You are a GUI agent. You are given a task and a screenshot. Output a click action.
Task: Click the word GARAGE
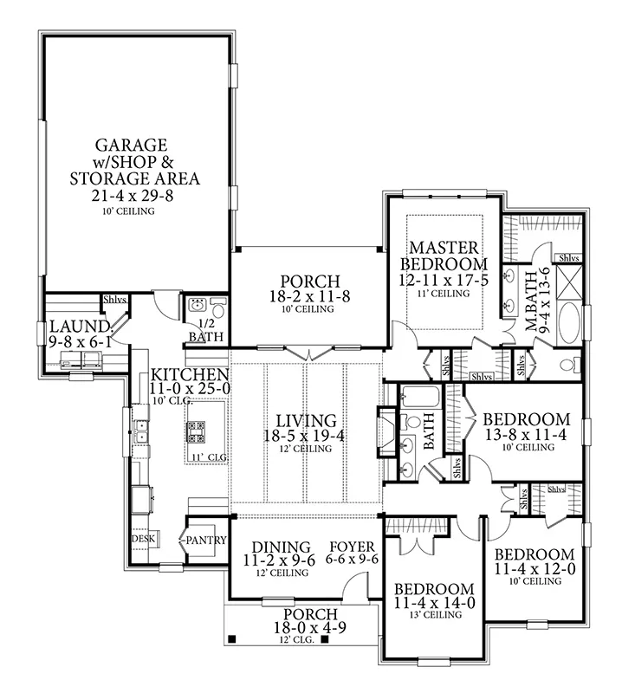(x=132, y=144)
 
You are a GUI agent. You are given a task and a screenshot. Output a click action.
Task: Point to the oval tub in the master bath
(x=569, y=328)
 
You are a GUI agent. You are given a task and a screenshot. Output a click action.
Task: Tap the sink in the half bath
(x=197, y=305)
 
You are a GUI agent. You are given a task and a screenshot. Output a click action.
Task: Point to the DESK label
(x=142, y=538)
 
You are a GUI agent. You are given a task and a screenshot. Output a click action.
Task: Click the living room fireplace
(x=386, y=429)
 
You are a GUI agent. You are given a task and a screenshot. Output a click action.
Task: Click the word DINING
(x=281, y=547)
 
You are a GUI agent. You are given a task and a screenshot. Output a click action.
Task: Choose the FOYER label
(x=353, y=547)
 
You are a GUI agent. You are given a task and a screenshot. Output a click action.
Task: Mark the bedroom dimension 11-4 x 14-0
(x=434, y=602)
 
